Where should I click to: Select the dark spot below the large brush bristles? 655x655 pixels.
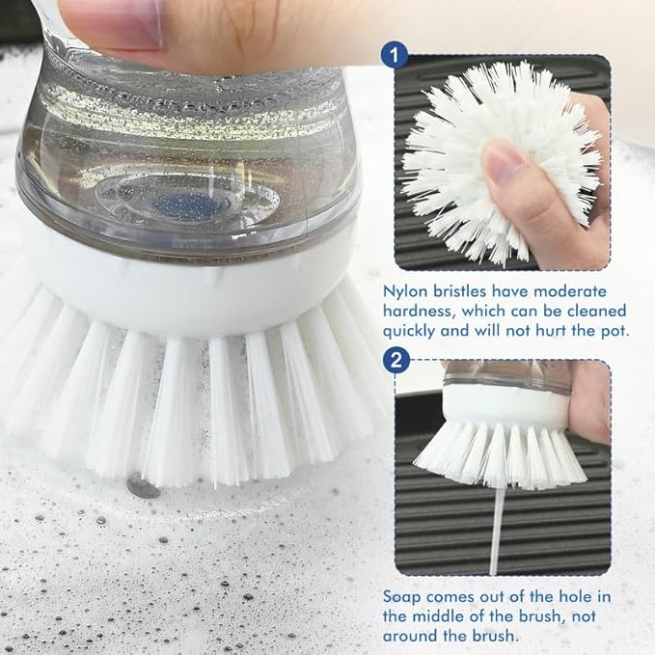pyautogui.click(x=144, y=489)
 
